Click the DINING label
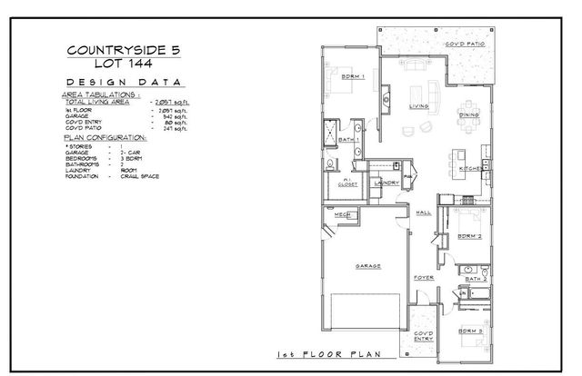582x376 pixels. pos(469,115)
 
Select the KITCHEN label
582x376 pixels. pos(469,168)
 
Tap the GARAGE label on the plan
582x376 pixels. pos(367,266)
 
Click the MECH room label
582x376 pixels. pos(342,214)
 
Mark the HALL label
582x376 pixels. pos(423,213)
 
